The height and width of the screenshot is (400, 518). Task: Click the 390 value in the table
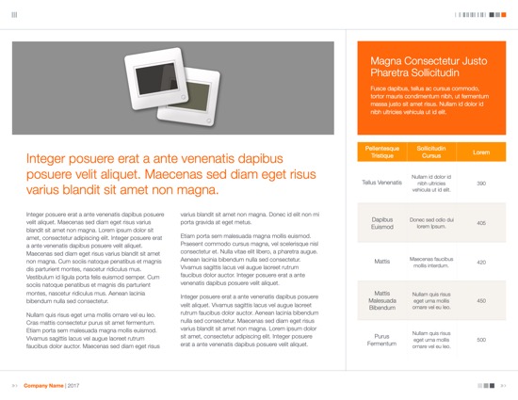[x=481, y=183]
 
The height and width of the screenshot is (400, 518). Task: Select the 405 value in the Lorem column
[x=481, y=223]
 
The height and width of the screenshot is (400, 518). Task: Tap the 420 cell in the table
[x=481, y=262]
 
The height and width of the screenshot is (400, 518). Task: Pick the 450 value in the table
[x=481, y=300]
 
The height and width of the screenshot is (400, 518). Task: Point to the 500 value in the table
[x=481, y=339]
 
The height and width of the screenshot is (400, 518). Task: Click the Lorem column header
[x=481, y=152]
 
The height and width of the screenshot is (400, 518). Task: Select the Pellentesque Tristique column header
[x=381, y=152]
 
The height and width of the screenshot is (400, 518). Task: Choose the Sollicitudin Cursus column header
[x=431, y=152]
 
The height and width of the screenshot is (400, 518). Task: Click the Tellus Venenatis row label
[x=381, y=183]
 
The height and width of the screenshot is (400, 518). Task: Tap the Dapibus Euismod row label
[x=381, y=223]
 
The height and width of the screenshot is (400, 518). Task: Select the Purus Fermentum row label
[x=381, y=339]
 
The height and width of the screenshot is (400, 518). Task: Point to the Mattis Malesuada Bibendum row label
[x=381, y=300]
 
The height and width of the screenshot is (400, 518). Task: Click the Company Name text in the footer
[x=43, y=386]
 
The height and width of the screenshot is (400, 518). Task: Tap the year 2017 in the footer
[x=73, y=386]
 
